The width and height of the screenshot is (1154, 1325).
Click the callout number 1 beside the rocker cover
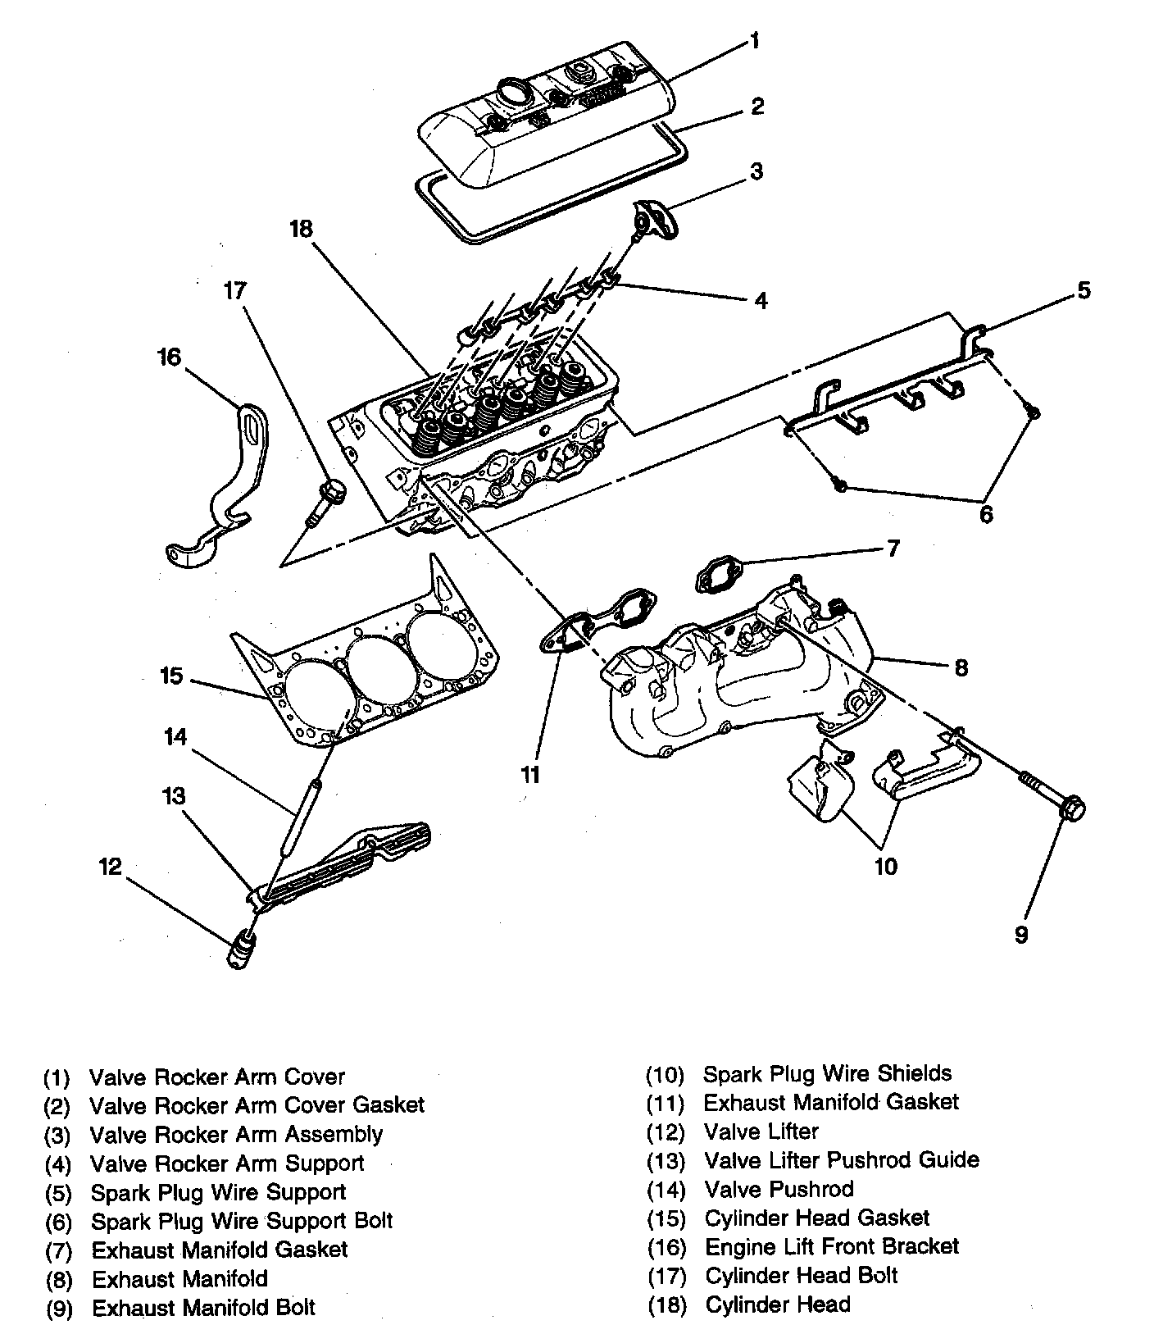[x=754, y=40]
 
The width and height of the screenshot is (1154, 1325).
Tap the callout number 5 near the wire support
[x=1084, y=290]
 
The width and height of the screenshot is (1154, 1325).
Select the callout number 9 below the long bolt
[x=1021, y=934]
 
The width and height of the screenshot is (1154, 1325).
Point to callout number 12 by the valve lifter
[x=111, y=867]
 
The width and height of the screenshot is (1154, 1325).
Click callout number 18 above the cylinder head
[x=302, y=229]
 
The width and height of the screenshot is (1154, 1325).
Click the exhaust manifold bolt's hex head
[x=1071, y=808]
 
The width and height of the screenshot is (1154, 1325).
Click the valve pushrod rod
[x=300, y=820]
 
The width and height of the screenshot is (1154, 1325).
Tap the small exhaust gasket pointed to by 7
[x=717, y=575]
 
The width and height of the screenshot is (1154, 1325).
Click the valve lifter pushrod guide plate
[x=344, y=861]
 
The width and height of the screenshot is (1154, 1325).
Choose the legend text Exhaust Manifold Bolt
[x=203, y=1307]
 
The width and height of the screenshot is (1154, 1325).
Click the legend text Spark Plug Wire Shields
[x=828, y=1073]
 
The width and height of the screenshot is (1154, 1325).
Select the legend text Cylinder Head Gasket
[x=817, y=1218]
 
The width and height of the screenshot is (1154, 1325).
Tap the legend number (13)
[x=665, y=1160]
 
